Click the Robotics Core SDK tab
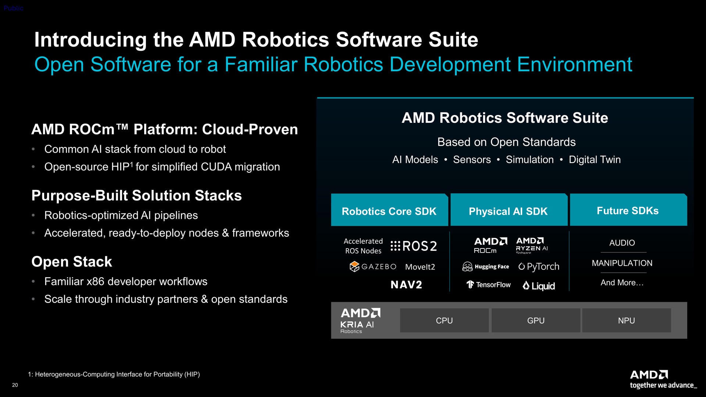point(389,210)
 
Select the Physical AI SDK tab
point(509,210)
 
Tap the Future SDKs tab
point(628,210)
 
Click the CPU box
point(444,321)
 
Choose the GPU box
point(536,321)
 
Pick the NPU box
point(627,321)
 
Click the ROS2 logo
point(414,246)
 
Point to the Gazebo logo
point(373,267)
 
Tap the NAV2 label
point(406,285)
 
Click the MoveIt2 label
point(420,267)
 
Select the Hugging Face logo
point(485,267)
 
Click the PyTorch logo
point(539,267)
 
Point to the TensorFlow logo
point(488,285)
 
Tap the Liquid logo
point(539,286)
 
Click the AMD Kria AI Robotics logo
point(360,321)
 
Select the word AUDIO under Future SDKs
point(622,243)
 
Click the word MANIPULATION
point(622,263)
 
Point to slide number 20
point(15,385)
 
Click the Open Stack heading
point(72,262)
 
